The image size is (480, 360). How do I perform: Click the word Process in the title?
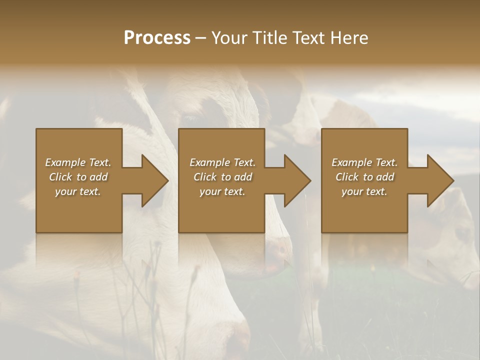coord(157,38)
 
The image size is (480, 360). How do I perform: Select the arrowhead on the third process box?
coord(439,180)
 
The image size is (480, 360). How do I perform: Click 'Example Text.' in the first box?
coord(78,162)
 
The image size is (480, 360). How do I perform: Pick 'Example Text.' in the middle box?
coord(222,162)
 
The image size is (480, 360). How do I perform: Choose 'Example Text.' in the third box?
coord(364,162)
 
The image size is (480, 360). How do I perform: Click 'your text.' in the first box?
coord(78,191)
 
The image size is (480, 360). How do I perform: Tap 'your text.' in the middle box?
coord(222,191)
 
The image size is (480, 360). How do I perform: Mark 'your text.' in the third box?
coord(364,191)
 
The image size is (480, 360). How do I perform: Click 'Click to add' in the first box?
coord(78,177)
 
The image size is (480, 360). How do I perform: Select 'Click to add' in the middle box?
coord(222,177)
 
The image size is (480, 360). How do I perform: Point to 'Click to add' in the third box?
coord(364,177)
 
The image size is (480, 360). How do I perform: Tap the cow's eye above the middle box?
coord(189,118)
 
